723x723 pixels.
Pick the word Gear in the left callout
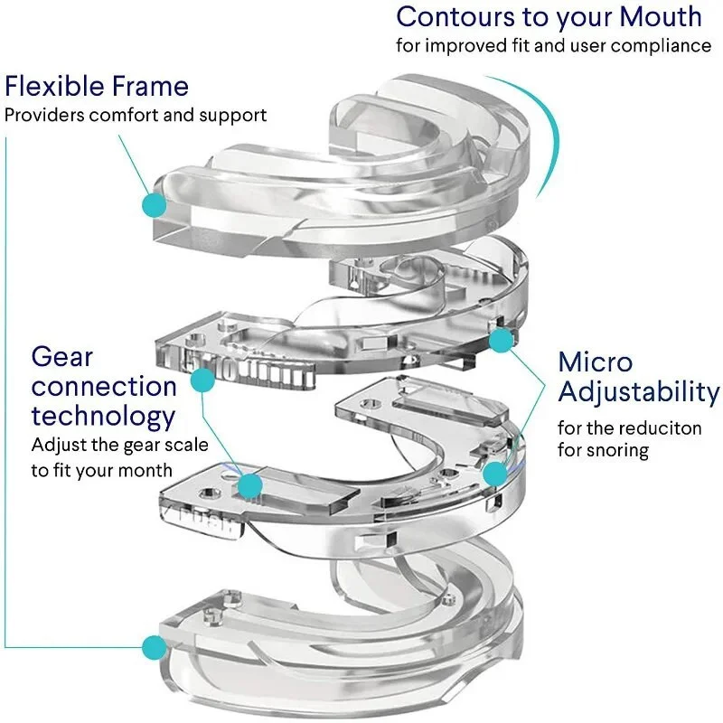(62, 356)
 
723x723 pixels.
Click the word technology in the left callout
(103, 416)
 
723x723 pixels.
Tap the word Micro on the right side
(595, 362)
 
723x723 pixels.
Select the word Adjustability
(639, 393)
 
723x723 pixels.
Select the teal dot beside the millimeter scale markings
(203, 383)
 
